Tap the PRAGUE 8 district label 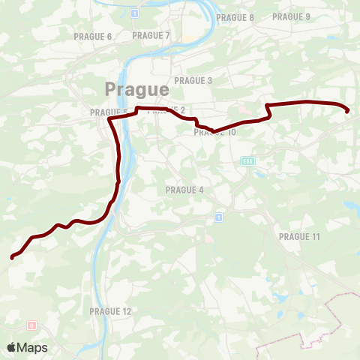coord(235,17)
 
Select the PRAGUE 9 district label coord(291,16)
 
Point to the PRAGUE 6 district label coord(93,36)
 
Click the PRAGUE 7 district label coord(151,35)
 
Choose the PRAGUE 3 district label coord(193,81)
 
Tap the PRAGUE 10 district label coord(214,133)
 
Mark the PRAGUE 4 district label coord(184,190)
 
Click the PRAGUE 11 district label coord(299,236)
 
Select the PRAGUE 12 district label coord(110,310)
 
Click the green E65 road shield coord(247,160)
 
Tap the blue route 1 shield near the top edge coord(134,13)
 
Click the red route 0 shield coord(31,325)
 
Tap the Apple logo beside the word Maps coord(13,347)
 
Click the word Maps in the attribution coord(34,347)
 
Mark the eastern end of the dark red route coord(347,112)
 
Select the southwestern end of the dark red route coord(12,258)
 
